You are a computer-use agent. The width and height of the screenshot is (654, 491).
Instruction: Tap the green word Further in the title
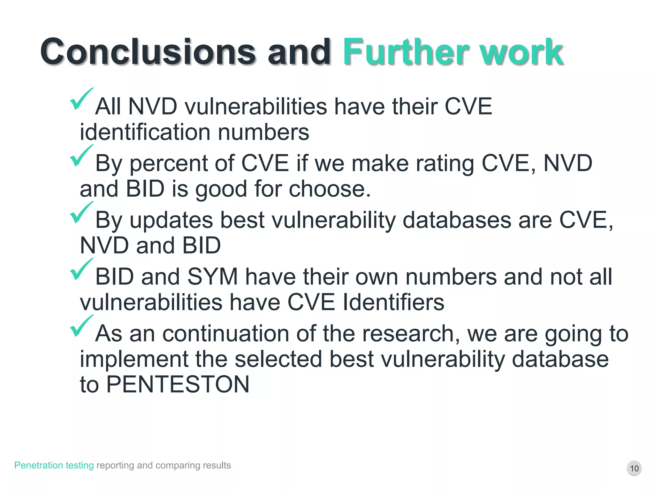(x=406, y=52)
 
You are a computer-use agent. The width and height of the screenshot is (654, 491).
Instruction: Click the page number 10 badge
(x=634, y=468)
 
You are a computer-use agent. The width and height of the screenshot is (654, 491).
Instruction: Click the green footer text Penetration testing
(x=54, y=465)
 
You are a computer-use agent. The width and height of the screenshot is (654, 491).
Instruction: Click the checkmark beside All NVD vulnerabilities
(x=81, y=99)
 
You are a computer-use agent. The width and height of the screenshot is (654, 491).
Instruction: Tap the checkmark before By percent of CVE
(x=81, y=156)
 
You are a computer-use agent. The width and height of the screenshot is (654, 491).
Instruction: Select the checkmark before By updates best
(x=81, y=213)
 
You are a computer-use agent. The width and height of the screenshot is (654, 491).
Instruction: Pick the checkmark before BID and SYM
(x=81, y=270)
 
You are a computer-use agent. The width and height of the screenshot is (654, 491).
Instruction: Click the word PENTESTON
(x=178, y=384)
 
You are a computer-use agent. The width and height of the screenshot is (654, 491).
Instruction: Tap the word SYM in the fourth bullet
(x=213, y=277)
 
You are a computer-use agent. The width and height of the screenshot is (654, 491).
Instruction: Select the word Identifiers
(x=393, y=302)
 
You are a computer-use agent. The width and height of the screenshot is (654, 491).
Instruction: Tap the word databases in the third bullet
(x=457, y=220)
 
